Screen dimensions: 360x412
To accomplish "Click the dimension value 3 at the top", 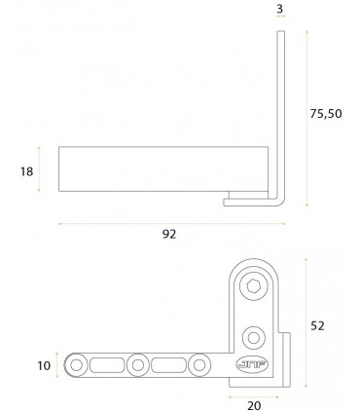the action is click(x=280, y=9).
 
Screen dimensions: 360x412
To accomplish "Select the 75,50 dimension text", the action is click(x=326, y=114).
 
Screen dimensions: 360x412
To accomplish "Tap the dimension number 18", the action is click(x=26, y=171).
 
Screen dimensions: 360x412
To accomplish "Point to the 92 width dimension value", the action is click(x=169, y=234).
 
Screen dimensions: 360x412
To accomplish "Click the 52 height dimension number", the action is click(x=317, y=325).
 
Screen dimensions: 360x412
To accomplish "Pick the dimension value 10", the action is click(x=44, y=366).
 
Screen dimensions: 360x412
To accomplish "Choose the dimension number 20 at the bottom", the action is click(x=254, y=405).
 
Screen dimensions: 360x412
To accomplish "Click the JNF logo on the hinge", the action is click(x=252, y=364).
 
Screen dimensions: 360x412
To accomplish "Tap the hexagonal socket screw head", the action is click(x=253, y=286).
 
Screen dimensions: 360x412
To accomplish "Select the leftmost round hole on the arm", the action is click(x=77, y=365).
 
